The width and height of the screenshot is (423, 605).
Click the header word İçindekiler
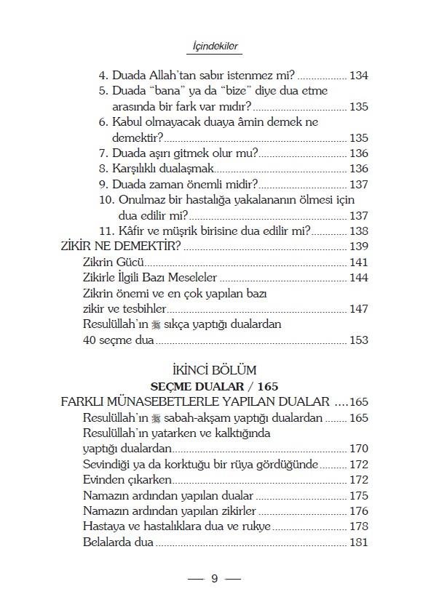(211, 46)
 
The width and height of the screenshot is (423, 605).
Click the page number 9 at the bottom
(214, 580)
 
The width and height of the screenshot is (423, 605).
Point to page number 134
(359, 75)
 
